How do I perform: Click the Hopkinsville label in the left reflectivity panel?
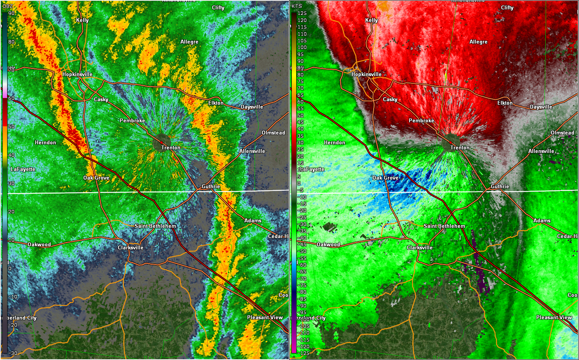tap(77, 74)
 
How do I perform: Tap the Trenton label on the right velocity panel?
tap(460, 147)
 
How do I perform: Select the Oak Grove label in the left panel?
tap(96, 178)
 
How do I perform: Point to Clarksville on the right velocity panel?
tap(420, 247)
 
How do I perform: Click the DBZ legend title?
tap(8, 6)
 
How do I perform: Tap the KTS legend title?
tap(297, 6)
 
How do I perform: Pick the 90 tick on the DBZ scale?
tap(11, 13)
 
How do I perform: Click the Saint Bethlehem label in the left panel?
tap(155, 226)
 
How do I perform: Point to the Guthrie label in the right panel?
tap(500, 186)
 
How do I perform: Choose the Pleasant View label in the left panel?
tap(265, 317)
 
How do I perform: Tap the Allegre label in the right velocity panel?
tap(478, 42)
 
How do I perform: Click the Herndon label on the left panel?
tap(46, 142)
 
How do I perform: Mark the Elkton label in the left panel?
tap(216, 103)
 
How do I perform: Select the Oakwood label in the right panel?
tap(328, 244)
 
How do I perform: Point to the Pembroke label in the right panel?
tap(421, 120)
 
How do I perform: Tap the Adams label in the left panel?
tap(253, 220)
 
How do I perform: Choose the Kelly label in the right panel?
tap(371, 20)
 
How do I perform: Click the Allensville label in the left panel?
tap(252, 151)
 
